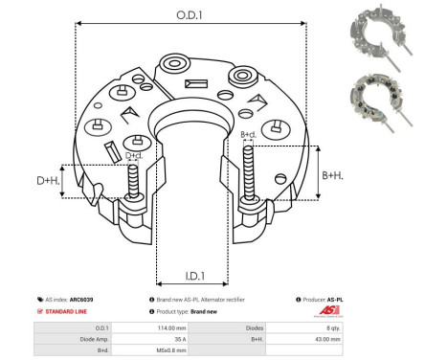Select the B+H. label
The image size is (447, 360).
coord(330,175)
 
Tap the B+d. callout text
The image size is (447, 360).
coord(248,134)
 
